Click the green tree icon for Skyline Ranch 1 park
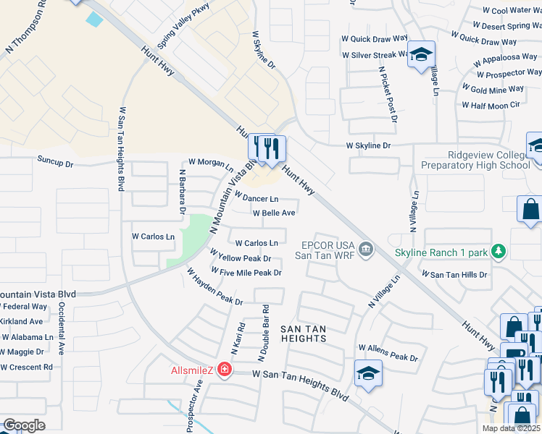point(498,252)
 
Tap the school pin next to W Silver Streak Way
point(420,55)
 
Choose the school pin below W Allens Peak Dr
point(368,373)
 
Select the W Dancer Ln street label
point(257,197)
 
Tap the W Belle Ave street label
point(273,213)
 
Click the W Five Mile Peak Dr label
point(246,271)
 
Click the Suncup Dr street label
point(56,163)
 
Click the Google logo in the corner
point(24,425)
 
